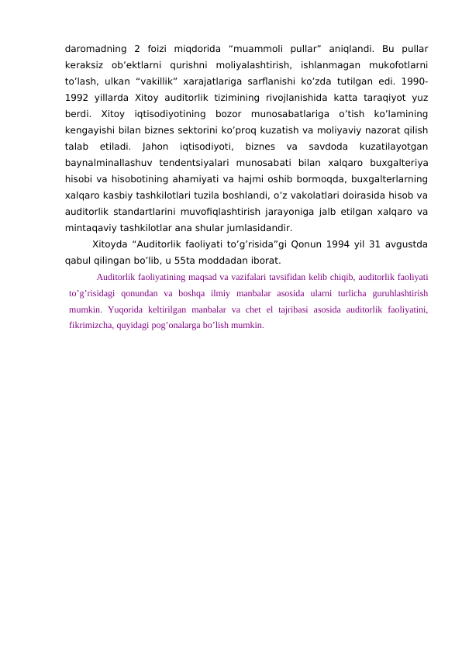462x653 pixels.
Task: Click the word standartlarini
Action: tap(145, 211)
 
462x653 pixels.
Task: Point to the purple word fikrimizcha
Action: tap(89, 325)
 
